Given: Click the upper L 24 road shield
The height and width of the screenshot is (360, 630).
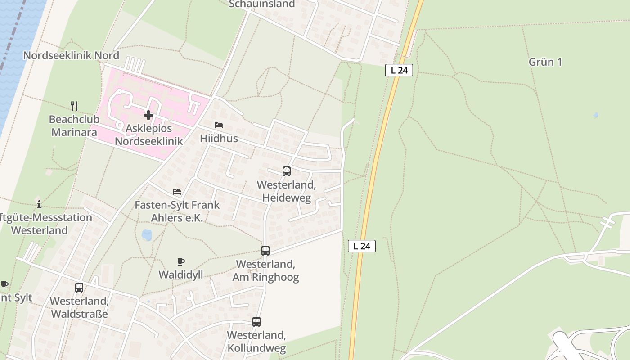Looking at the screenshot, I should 399,70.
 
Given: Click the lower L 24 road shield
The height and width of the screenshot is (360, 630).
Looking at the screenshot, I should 362,246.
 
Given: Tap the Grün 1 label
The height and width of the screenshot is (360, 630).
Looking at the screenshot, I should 545,62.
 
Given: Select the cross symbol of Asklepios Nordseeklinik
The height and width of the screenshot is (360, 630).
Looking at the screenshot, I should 148,115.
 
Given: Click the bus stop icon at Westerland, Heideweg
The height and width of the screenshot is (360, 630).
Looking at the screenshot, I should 287,171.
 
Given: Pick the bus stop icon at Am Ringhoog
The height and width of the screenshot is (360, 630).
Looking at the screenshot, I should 265,251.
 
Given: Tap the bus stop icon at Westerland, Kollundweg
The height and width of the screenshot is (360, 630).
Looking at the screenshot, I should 256,322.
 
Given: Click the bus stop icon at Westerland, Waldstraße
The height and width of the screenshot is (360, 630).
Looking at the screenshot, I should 79,287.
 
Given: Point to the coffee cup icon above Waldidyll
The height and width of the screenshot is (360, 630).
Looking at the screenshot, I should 180,261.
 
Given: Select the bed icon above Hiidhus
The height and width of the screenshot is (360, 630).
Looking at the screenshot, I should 219,125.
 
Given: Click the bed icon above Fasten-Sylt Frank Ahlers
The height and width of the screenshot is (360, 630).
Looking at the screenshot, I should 177,192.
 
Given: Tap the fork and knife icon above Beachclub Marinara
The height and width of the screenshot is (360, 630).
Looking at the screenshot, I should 74,106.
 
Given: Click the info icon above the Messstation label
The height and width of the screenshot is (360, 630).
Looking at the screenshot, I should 39,204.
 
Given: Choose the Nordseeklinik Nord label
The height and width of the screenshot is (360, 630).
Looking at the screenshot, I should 71,55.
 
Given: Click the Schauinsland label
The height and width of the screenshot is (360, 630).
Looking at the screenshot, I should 262,4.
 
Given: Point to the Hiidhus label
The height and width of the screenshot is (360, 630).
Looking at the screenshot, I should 219,138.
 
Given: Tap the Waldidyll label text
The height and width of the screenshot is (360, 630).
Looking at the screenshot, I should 181,274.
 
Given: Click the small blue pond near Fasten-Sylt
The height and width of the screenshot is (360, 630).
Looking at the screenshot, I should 147,235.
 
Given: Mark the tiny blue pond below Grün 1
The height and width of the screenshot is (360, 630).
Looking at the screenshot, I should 596,115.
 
